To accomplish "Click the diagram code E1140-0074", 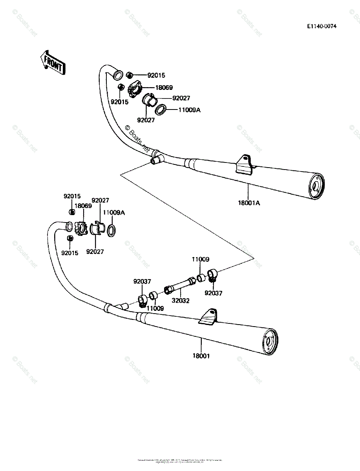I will (322, 26).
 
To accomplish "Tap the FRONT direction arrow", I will (52, 62).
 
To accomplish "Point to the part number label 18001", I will (201, 356).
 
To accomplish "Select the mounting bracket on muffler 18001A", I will (245, 164).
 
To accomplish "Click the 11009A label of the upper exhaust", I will (189, 110).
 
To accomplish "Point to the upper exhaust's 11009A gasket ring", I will (161, 110).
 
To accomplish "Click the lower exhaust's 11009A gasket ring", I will (111, 231).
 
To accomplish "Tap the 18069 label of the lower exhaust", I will (83, 206).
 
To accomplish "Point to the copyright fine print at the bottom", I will (180, 460).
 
